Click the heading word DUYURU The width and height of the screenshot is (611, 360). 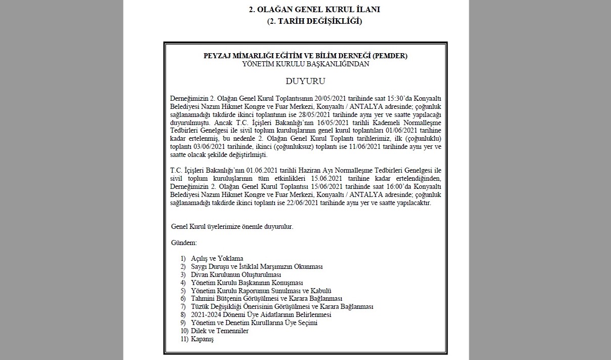tap(305, 81)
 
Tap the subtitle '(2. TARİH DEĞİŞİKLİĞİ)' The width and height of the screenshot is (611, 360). tap(314, 21)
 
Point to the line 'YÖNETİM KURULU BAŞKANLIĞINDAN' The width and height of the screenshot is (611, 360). tap(306, 64)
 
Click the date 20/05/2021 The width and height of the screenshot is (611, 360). tap(331, 97)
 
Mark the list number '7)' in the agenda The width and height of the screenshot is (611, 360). tap(183, 307)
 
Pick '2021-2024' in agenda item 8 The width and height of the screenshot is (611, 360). tap(206, 315)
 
